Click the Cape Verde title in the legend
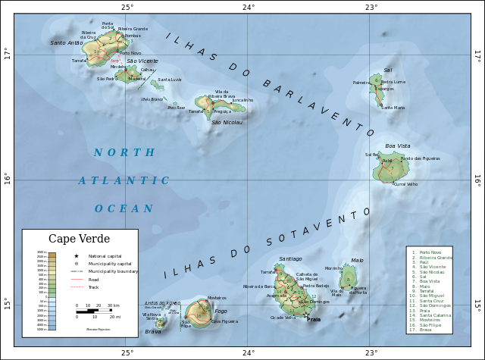click(80, 239)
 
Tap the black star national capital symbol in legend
click(77, 256)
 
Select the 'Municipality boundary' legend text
click(113, 271)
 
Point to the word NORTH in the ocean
click(124, 153)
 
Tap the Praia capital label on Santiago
click(313, 320)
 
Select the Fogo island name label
click(221, 311)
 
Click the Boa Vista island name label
click(397, 146)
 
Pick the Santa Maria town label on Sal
click(393, 108)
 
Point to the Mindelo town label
click(118, 67)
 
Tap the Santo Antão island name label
click(67, 43)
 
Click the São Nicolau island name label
click(227, 122)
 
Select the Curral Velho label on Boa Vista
click(405, 184)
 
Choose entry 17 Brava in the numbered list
click(425, 330)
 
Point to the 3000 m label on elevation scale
click(42, 252)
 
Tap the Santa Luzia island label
click(169, 80)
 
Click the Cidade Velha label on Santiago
click(283, 318)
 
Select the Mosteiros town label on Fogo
click(217, 298)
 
